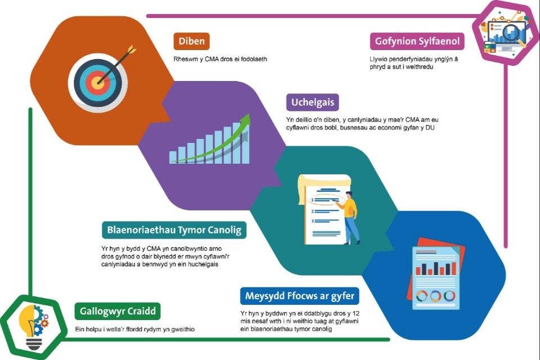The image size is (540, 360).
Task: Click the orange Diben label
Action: click(191, 41)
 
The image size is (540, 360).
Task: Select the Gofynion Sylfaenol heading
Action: click(417, 41)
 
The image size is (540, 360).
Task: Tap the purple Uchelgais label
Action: click(313, 102)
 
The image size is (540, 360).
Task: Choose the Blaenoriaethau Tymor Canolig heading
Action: click(174, 230)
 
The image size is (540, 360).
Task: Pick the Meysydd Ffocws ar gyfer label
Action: click(300, 296)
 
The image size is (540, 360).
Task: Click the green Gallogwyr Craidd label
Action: click(118, 312)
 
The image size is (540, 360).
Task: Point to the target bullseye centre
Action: click(98, 83)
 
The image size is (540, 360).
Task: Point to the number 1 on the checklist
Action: click(312, 200)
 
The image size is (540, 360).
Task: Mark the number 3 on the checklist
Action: click(312, 221)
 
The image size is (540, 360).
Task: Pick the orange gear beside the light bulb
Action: click(44, 323)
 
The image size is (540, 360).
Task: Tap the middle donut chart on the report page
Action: click(435, 296)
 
